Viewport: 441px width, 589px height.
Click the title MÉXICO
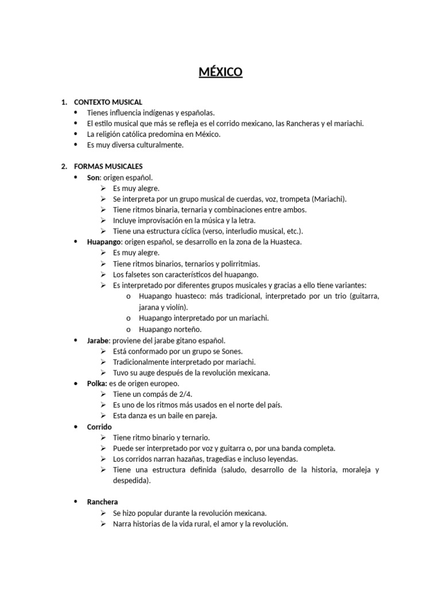click(x=220, y=72)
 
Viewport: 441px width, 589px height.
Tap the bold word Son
click(x=94, y=177)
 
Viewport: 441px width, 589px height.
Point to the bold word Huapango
click(x=104, y=242)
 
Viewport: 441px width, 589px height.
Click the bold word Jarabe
click(x=98, y=341)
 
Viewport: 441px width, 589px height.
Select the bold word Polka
click(x=96, y=383)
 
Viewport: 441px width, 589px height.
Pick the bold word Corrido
click(x=99, y=427)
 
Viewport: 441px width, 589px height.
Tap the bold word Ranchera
click(x=102, y=502)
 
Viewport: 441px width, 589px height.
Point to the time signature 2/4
click(x=183, y=394)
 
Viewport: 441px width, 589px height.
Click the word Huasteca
click(x=281, y=242)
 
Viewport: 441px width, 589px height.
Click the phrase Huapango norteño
click(x=170, y=329)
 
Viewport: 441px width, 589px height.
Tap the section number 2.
click(x=64, y=166)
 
